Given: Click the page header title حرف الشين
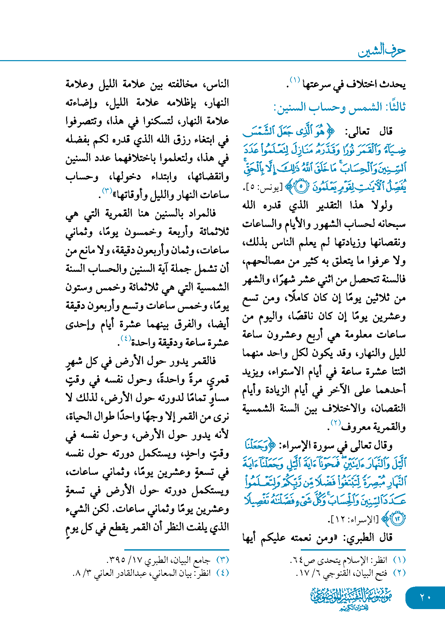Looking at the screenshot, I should pos(382,51).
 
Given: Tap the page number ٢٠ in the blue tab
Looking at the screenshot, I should pos(425,597).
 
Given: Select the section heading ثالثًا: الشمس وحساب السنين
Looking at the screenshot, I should pos(339,107).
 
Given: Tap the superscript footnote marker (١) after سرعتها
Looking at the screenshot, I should pos(295,80).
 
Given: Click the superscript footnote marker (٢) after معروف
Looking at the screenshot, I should pos(336,423).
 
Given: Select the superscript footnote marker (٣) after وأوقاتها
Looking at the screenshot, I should pos(107,191).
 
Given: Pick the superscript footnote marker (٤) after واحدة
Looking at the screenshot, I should pos(126,338).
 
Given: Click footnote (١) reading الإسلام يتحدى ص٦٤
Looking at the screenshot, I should pos(348,560).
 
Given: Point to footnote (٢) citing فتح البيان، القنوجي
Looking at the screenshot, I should pos(351,573).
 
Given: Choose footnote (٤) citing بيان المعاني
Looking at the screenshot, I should pos(151,573).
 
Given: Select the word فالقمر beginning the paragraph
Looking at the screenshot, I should pos(202,361).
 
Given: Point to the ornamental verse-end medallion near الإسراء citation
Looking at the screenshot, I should pos(397,519).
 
